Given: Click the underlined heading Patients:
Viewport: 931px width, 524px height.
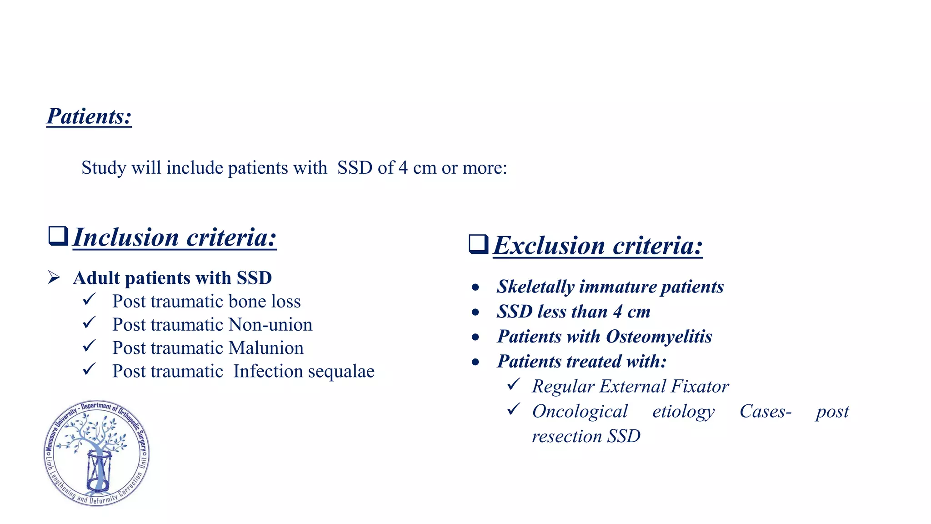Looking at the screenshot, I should (89, 116).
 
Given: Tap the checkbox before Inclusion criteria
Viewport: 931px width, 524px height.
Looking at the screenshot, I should (58, 236).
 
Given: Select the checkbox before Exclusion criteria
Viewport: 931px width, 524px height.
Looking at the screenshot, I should (478, 244).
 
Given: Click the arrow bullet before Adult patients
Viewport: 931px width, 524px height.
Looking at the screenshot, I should (54, 277).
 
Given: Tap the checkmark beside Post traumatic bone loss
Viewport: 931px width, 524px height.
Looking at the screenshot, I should (89, 300).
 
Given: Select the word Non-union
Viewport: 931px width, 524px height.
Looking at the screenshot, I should (270, 325).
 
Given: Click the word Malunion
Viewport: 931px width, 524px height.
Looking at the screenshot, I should (266, 348).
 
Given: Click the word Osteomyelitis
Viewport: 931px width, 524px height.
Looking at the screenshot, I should (659, 337).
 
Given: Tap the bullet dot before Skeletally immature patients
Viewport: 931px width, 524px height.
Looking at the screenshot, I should (476, 287).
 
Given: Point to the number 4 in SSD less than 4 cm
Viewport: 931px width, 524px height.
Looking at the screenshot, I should (617, 312).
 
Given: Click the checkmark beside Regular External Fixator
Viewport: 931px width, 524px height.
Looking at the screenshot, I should (513, 385).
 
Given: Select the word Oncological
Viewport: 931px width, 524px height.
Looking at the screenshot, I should (580, 412).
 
